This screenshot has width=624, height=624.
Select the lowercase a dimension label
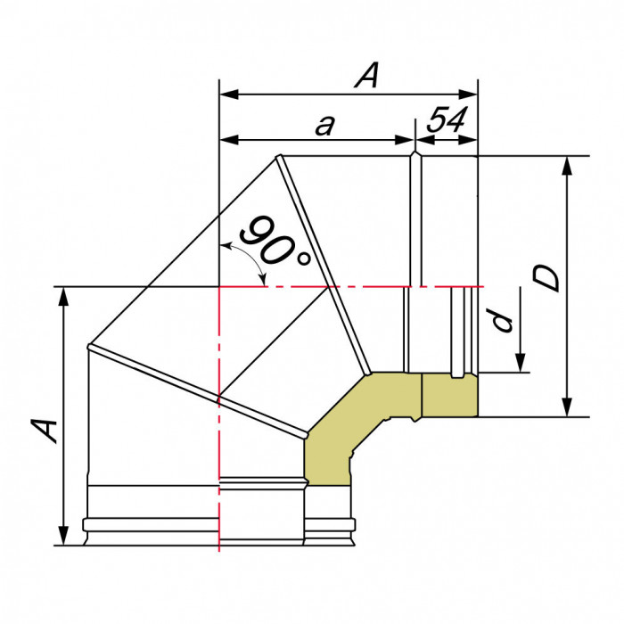tap(324, 126)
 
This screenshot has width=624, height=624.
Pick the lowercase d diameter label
tap(505, 320)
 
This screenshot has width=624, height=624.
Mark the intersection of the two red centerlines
tap(219, 287)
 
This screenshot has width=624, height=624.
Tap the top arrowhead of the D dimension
tap(566, 164)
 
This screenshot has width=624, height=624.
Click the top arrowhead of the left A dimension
tap(64, 295)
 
